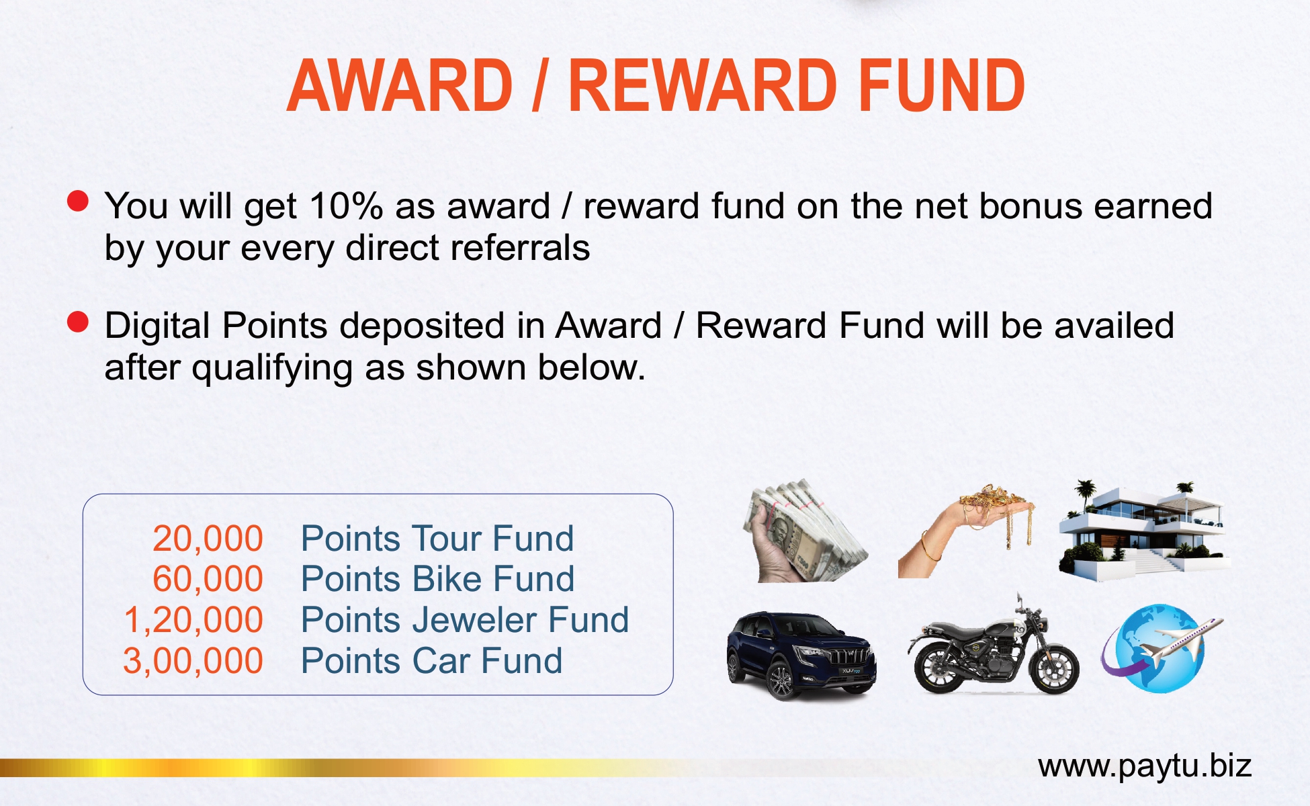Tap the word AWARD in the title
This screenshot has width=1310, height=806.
(400, 85)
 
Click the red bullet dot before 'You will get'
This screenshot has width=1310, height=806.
(78, 201)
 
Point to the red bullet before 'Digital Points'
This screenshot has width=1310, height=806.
(78, 322)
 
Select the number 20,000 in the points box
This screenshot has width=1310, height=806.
(208, 539)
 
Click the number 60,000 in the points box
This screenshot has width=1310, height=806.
(208, 579)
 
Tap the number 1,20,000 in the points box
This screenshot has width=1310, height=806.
(193, 620)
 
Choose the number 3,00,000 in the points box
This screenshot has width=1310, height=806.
(193, 661)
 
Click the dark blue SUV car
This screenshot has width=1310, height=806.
(801, 656)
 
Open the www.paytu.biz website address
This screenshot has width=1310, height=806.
(1145, 766)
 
